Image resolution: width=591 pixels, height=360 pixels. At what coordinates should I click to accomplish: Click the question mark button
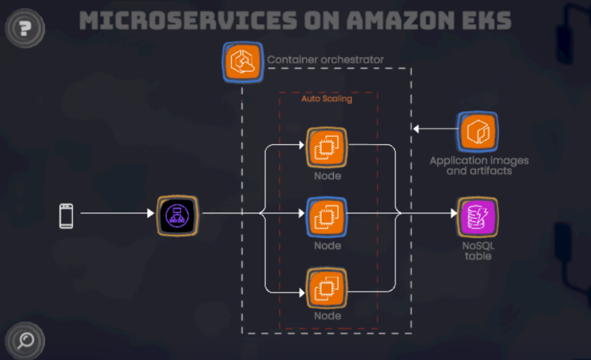(x=25, y=27)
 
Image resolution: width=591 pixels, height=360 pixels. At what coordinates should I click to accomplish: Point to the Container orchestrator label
(x=326, y=59)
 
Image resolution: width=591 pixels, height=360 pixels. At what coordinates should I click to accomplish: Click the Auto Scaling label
(x=327, y=99)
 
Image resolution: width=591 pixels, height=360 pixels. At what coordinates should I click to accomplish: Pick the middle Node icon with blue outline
(x=327, y=216)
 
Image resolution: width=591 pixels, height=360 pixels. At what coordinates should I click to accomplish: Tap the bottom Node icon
(x=327, y=287)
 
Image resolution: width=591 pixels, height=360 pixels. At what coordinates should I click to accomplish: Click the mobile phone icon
(x=66, y=215)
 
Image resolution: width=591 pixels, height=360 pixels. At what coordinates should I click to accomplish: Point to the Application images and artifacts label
(x=479, y=166)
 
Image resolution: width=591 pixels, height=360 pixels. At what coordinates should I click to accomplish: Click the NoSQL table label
(x=478, y=250)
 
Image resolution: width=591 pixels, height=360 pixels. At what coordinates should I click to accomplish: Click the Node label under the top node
(x=327, y=176)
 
